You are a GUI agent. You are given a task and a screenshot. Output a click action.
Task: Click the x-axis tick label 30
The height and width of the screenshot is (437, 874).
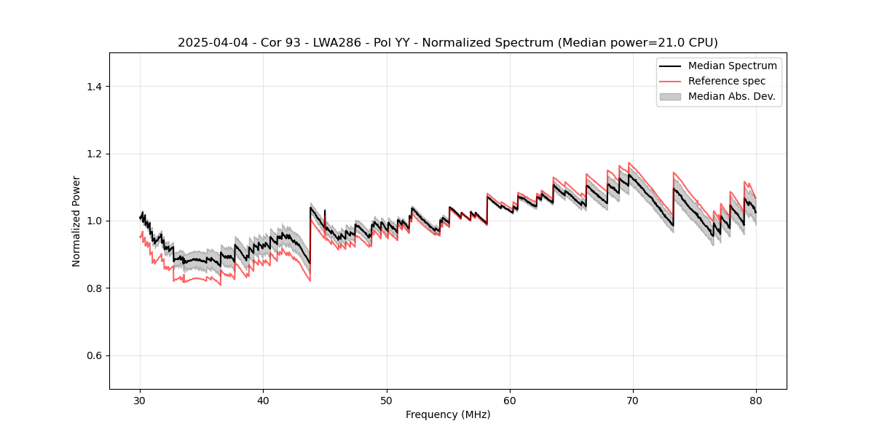(x=141, y=400)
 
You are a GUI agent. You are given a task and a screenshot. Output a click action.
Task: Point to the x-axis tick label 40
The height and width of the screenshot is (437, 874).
(x=264, y=400)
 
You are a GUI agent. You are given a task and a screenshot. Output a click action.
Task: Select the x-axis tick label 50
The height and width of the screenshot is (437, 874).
(x=387, y=400)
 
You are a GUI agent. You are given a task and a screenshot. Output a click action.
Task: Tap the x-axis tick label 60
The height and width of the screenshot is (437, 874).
(x=510, y=400)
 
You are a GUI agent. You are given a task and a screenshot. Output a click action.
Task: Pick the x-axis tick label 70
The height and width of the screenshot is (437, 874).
(x=633, y=400)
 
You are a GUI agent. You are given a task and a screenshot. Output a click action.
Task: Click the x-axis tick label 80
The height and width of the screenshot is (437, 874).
(x=756, y=400)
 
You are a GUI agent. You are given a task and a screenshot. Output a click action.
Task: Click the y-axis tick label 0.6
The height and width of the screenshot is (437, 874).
(x=94, y=355)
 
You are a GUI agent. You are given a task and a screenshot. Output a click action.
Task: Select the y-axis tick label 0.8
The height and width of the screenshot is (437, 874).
(x=94, y=288)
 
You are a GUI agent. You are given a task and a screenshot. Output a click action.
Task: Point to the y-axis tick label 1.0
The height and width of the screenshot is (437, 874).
(x=94, y=221)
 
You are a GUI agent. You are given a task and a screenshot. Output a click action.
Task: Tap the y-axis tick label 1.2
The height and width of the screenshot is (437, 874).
(x=94, y=154)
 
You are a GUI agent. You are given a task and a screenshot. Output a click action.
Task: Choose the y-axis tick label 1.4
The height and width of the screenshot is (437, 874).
(x=94, y=87)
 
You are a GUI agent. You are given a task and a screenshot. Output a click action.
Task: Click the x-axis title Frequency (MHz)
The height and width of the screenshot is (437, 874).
(x=448, y=414)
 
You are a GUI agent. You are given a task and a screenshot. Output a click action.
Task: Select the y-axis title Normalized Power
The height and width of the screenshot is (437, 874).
(x=76, y=221)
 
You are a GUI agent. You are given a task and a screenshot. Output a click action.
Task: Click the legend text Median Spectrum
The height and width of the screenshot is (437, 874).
(x=732, y=66)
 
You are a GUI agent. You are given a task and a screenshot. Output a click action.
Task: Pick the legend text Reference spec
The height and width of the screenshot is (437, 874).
(x=727, y=81)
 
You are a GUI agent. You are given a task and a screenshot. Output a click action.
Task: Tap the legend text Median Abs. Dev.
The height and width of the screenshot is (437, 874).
(x=731, y=96)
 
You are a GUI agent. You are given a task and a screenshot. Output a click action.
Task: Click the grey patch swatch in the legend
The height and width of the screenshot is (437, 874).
(x=670, y=96)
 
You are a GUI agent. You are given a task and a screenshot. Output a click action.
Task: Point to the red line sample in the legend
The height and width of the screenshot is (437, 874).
(x=670, y=81)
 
